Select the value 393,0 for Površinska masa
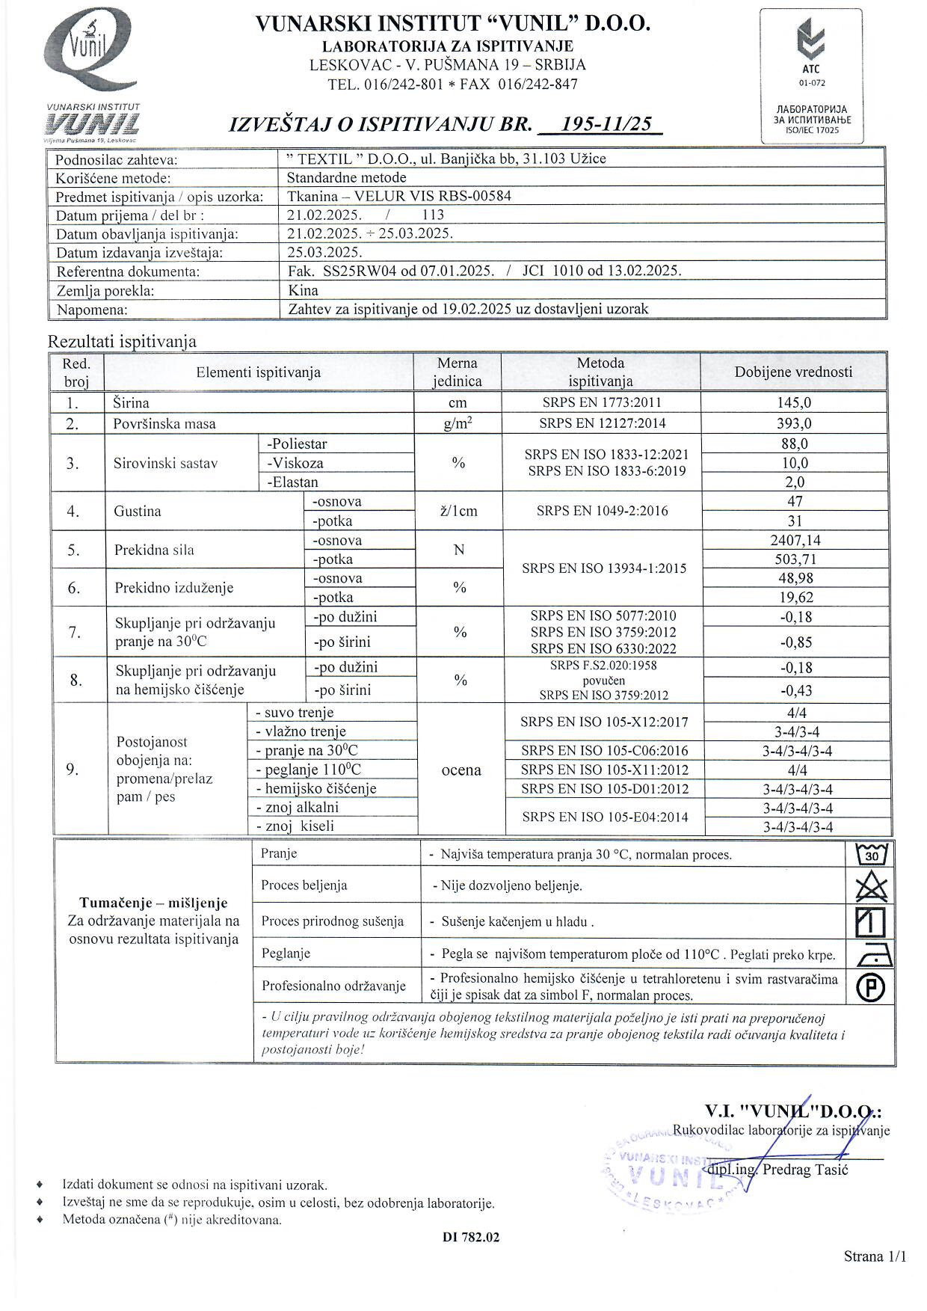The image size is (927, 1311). (794, 423)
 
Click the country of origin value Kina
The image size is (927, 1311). (303, 290)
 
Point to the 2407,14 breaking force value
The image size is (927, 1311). (795, 540)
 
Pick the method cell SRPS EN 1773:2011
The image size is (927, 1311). (601, 402)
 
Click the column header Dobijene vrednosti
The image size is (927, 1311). (793, 372)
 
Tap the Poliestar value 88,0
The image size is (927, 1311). (794, 443)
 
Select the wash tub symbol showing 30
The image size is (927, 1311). (870, 853)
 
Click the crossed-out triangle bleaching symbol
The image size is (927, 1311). (870, 888)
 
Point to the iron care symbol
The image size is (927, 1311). (870, 954)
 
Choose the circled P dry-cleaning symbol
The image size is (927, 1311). (870, 988)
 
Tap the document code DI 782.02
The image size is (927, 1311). (470, 1237)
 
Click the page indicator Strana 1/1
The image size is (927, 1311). (874, 1256)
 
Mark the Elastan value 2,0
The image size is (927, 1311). (794, 482)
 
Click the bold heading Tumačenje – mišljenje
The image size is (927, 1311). (153, 903)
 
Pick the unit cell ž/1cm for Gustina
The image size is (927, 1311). (458, 512)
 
